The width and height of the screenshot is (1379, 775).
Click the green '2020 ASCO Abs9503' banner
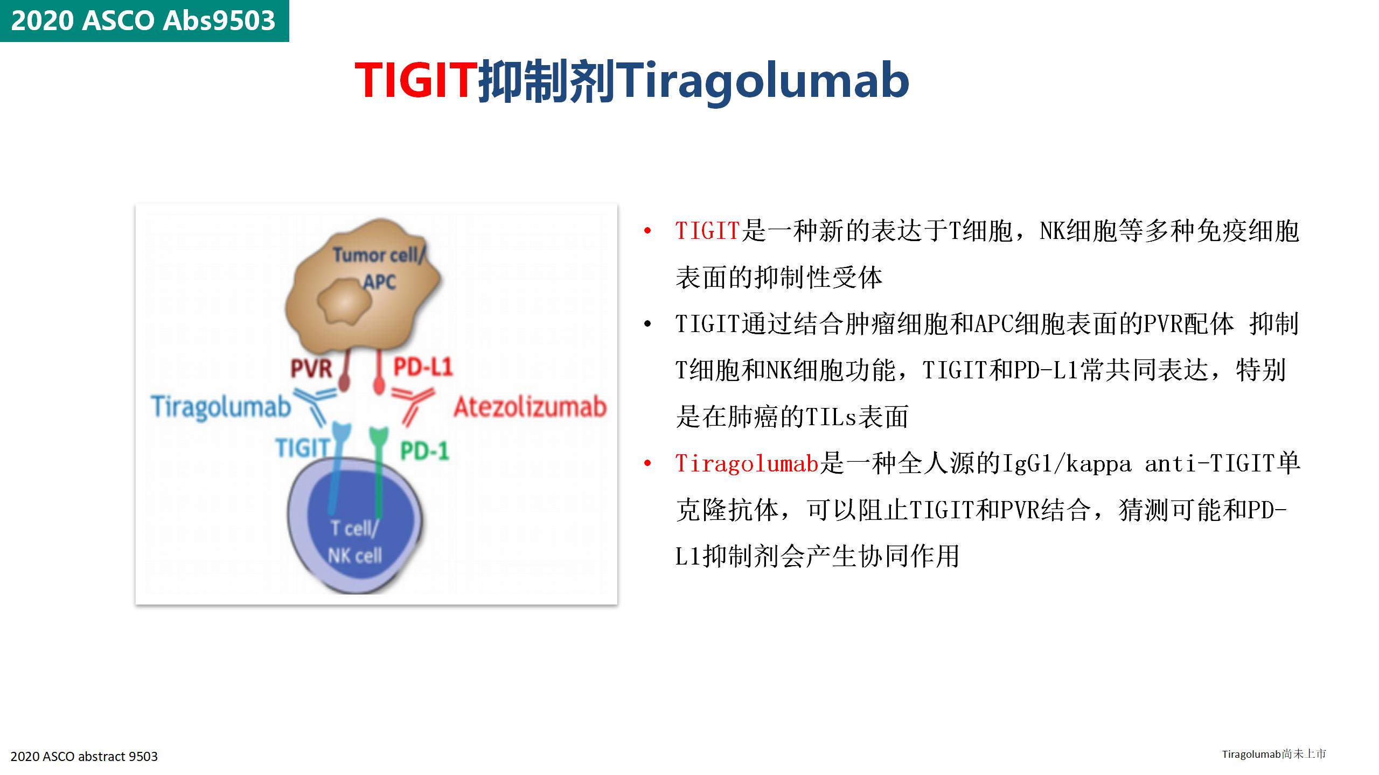(144, 20)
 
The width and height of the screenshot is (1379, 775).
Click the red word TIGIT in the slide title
(416, 81)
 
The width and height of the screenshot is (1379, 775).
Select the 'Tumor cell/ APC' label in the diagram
(377, 267)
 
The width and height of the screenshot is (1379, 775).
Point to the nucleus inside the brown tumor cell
(345, 301)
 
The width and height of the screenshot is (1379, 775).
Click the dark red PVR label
(311, 369)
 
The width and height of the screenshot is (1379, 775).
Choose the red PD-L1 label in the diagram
(423, 367)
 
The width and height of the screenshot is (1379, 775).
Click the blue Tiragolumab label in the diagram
(221, 406)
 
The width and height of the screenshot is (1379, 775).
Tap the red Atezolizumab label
(530, 407)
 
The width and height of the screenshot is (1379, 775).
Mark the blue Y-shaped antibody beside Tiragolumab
(315, 406)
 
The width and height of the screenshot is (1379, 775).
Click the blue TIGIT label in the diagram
(302, 448)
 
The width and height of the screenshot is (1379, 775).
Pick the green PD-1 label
(424, 451)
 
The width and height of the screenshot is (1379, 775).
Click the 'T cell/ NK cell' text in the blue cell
(356, 542)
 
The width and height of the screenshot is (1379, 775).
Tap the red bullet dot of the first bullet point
(647, 231)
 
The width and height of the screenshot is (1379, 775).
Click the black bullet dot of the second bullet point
(647, 324)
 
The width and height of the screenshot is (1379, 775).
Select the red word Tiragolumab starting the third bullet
(747, 463)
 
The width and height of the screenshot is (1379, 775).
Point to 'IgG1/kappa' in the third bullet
(1065, 463)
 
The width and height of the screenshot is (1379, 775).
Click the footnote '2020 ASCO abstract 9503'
(84, 756)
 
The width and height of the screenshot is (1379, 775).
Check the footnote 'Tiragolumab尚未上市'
(1274, 753)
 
